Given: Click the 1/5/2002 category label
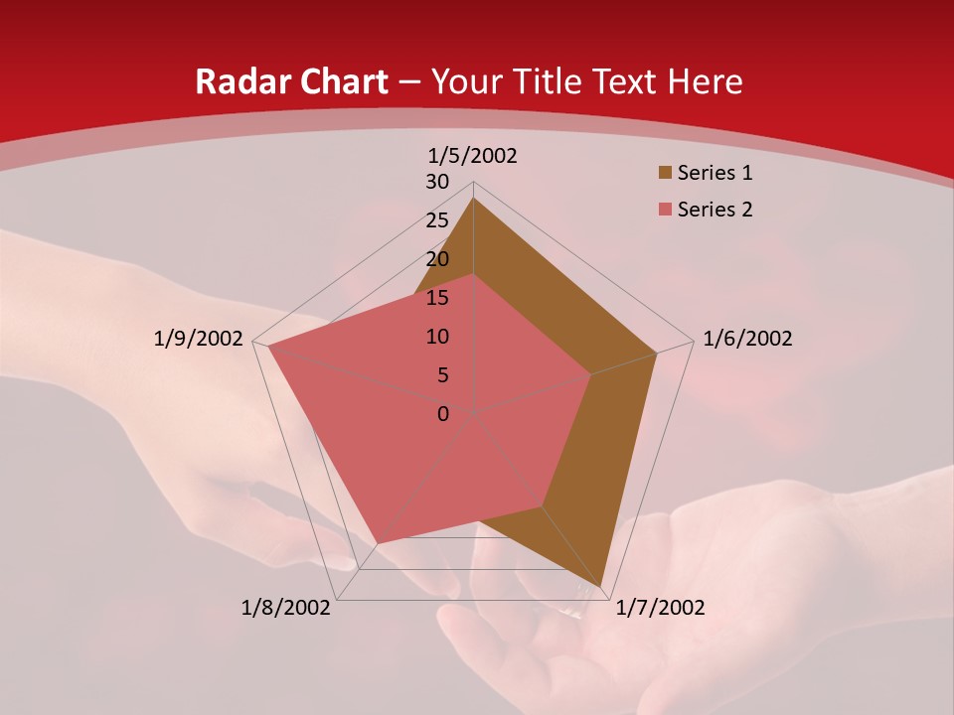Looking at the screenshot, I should [473, 156].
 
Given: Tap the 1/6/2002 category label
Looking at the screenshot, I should [747, 339].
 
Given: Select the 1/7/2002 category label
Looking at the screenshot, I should [660, 608].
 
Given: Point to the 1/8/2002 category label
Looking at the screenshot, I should [286, 608].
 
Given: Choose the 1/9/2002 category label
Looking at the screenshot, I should [199, 339].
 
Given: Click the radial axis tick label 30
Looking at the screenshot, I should [437, 182].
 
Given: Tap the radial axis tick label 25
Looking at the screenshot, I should [437, 220].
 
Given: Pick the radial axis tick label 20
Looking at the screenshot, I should [437, 259].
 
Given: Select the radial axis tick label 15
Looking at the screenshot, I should [437, 298].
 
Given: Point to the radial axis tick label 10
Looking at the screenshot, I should [437, 337].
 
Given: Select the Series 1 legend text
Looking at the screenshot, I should [715, 174].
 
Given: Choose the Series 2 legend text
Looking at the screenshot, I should [715, 210].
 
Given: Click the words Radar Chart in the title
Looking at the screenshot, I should [291, 82].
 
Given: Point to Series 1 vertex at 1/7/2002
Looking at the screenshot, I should [601, 587].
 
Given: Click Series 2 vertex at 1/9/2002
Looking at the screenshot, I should [268, 348].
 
